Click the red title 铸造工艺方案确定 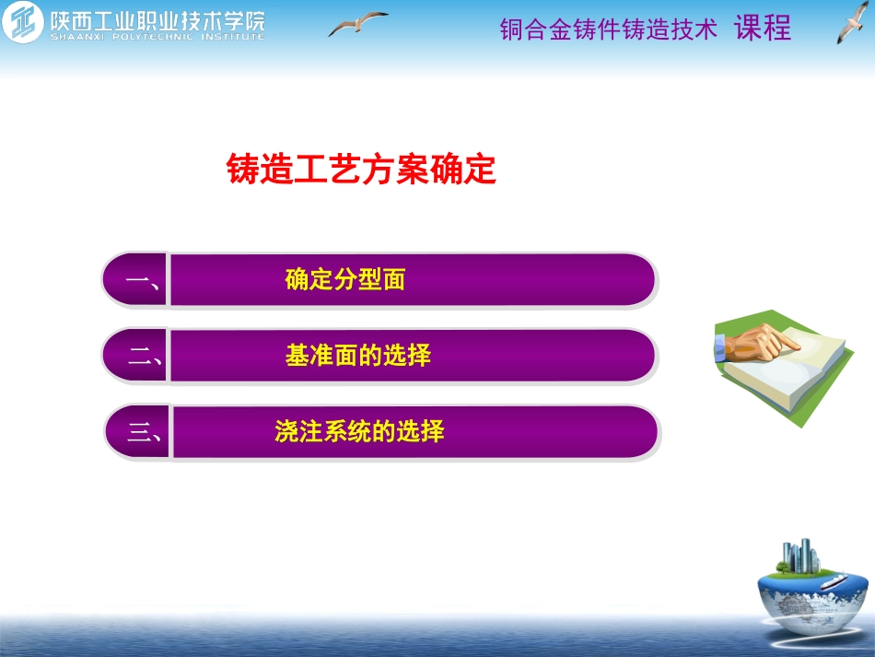[361, 170]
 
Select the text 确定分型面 [345, 280]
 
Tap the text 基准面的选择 [358, 356]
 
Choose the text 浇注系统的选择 [359, 431]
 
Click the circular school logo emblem [22, 23]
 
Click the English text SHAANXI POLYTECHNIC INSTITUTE [157, 38]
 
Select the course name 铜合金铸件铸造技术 [608, 29]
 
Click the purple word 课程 [763, 29]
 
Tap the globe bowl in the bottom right [811, 599]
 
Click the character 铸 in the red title [240, 170]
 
